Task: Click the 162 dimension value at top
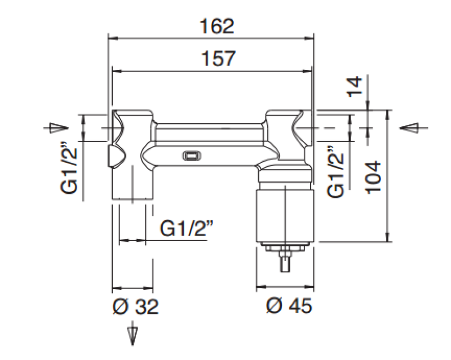(x=217, y=26)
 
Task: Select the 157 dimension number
(x=218, y=59)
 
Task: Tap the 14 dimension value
(x=354, y=87)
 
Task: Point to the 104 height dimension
(x=373, y=177)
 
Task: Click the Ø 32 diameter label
(x=135, y=306)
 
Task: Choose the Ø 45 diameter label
(x=289, y=305)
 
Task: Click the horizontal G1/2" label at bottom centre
(x=187, y=228)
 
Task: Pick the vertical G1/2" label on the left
(x=69, y=171)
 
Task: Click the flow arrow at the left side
(x=55, y=128)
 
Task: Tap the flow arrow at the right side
(x=414, y=128)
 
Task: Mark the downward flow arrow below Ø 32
(x=132, y=333)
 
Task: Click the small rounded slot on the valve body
(x=192, y=156)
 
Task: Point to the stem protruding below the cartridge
(x=285, y=261)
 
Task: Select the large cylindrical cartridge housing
(x=285, y=215)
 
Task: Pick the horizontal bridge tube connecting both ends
(x=209, y=144)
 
